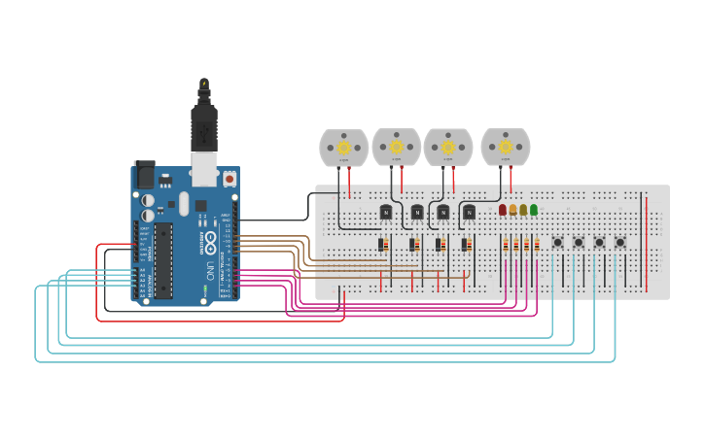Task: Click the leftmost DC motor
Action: [343, 148]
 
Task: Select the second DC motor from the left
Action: [396, 148]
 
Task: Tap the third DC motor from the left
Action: [447, 148]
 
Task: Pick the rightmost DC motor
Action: [505, 148]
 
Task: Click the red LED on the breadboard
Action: [503, 210]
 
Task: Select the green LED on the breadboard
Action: [534, 210]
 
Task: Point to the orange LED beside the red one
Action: [512, 210]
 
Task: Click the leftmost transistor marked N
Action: [385, 212]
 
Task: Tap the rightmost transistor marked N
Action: [469, 212]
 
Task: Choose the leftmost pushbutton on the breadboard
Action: [557, 242]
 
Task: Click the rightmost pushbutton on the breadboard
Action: [619, 242]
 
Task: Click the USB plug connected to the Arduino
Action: [204, 126]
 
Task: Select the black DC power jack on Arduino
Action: [144, 176]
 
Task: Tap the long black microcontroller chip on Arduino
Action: [163, 260]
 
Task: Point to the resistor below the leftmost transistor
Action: [384, 245]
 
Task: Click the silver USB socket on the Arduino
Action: [204, 171]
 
